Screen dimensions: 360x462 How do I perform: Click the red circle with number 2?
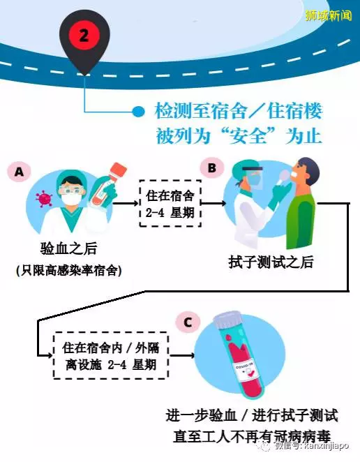tap(84, 36)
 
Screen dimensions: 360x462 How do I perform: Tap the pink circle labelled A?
tap(19, 171)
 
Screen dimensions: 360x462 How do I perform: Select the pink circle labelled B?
tap(212, 168)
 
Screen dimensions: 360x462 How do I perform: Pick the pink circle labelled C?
tap(188, 322)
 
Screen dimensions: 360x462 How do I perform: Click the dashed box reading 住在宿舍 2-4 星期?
tap(170, 204)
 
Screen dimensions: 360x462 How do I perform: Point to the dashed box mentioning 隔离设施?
tap(111, 356)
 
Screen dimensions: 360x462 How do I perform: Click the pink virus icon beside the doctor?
tap(44, 198)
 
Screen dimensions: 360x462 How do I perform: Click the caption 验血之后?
tap(68, 248)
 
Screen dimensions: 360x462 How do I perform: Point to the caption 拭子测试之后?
tap(271, 262)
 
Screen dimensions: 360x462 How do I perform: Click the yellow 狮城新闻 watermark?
tap(329, 15)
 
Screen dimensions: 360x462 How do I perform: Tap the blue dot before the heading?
tap(138, 112)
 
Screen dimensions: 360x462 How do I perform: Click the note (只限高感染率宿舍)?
tap(68, 270)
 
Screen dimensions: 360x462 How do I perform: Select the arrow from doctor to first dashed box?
tap(126, 203)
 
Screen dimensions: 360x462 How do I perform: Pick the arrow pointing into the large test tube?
tap(182, 356)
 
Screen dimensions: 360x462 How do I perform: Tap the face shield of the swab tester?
tap(254, 177)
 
